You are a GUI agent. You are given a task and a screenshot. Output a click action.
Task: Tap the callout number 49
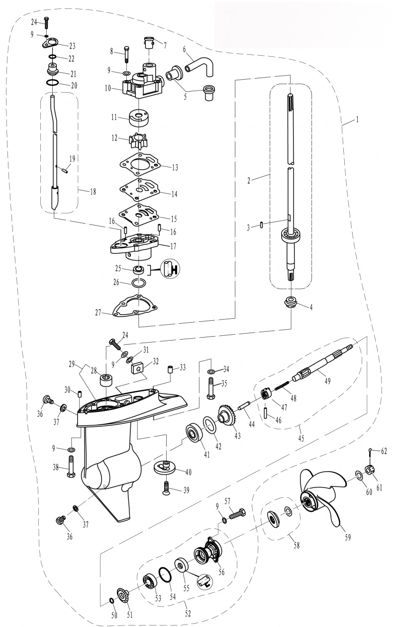pyautogui.click(x=327, y=381)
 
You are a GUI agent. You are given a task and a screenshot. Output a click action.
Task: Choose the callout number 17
pyautogui.click(x=174, y=246)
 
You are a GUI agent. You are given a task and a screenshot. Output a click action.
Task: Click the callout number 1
pyautogui.click(x=357, y=120)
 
